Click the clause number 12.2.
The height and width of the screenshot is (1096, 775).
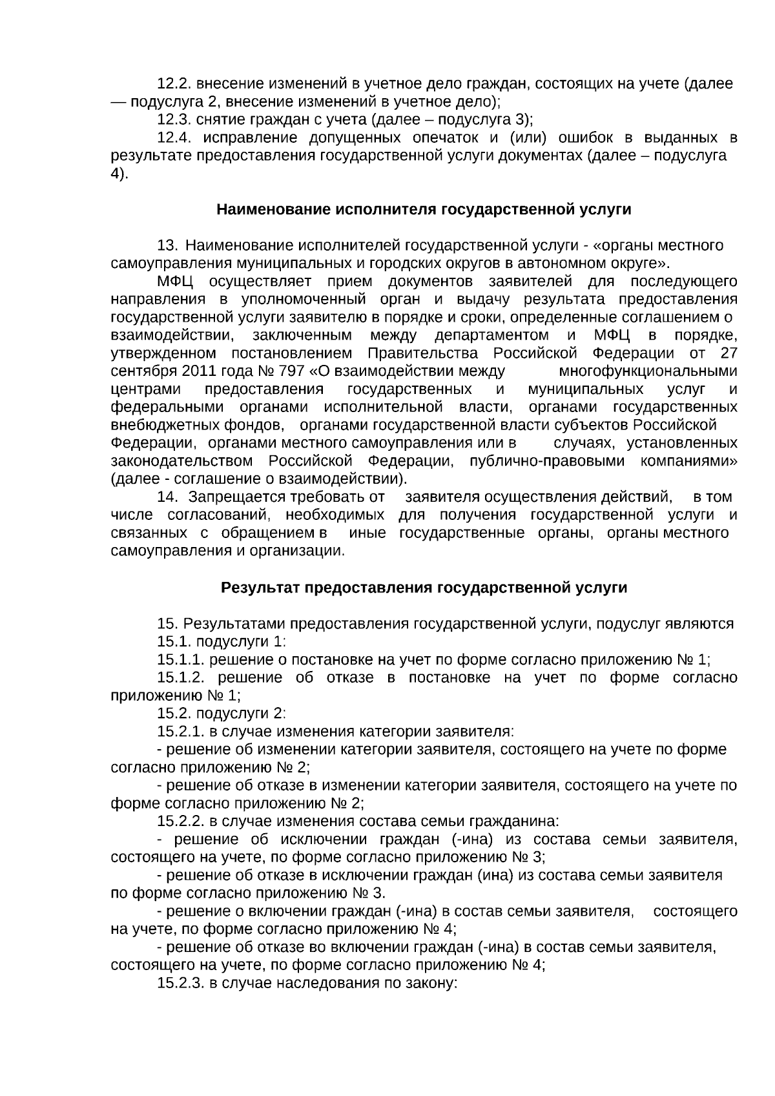click(x=174, y=84)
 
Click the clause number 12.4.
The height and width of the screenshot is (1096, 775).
click(x=174, y=138)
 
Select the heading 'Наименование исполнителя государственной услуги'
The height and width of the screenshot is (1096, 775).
click(x=424, y=210)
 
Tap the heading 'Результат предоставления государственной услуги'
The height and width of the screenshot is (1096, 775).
click(x=424, y=588)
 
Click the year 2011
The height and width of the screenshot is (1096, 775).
click(x=200, y=371)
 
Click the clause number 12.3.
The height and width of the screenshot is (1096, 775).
click(x=174, y=120)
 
